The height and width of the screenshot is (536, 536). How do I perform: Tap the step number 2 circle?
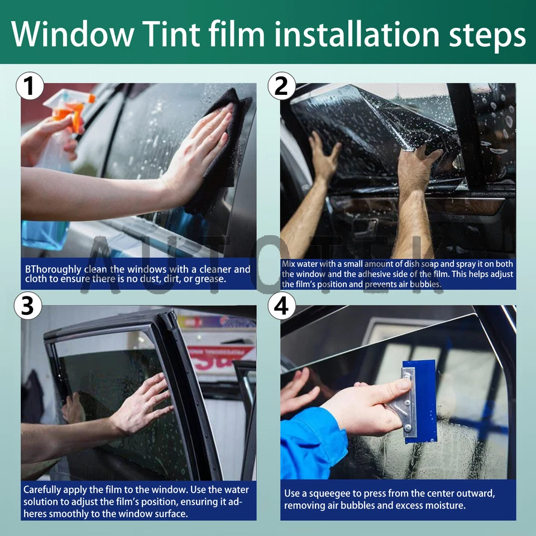[281, 88]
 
